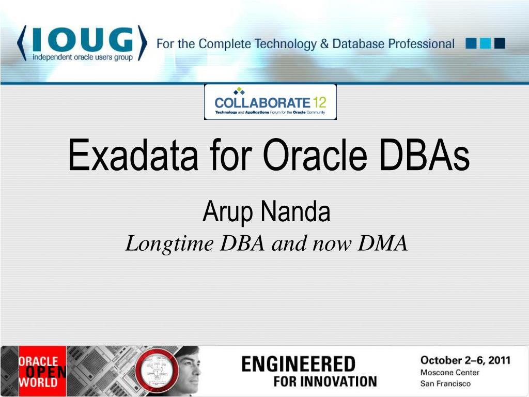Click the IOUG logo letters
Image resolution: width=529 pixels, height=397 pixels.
click(x=83, y=40)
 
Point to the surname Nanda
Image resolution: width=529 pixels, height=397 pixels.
click(x=295, y=212)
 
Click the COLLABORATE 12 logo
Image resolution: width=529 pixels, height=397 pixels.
click(x=270, y=102)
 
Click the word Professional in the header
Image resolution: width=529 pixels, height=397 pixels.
click(x=422, y=44)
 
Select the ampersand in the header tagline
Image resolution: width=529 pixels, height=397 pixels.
click(x=324, y=44)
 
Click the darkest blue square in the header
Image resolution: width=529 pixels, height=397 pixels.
click(x=500, y=43)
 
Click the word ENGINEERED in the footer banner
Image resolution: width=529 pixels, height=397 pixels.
click(x=299, y=364)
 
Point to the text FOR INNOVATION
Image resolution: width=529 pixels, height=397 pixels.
click(x=325, y=382)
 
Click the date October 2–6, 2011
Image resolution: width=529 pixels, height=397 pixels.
click(x=465, y=360)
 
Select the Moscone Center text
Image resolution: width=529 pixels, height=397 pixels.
click(x=449, y=372)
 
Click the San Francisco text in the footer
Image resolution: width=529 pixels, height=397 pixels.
click(x=445, y=384)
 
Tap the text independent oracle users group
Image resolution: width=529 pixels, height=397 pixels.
click(x=83, y=57)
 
